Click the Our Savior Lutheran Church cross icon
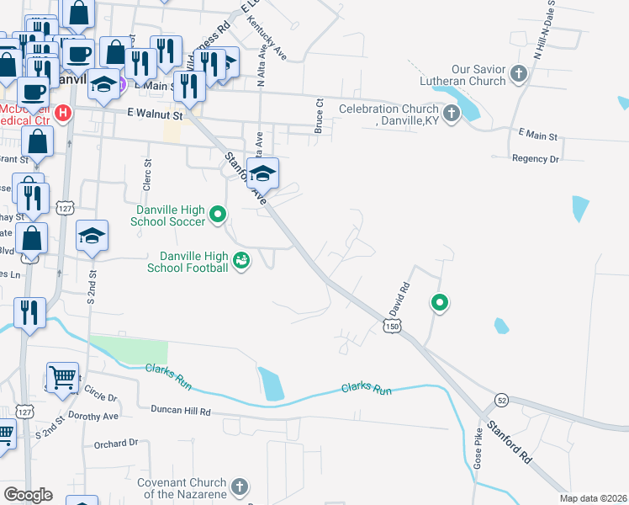click(518, 75)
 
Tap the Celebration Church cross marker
click(452, 113)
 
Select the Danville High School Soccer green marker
click(218, 214)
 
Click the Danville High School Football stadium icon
click(242, 260)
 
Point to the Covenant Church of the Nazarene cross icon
click(240, 486)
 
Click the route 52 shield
click(501, 398)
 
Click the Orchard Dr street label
click(116, 443)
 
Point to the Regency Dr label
click(536, 158)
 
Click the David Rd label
click(399, 298)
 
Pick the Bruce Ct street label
click(320, 115)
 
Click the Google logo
click(28, 495)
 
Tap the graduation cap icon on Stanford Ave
click(262, 173)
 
